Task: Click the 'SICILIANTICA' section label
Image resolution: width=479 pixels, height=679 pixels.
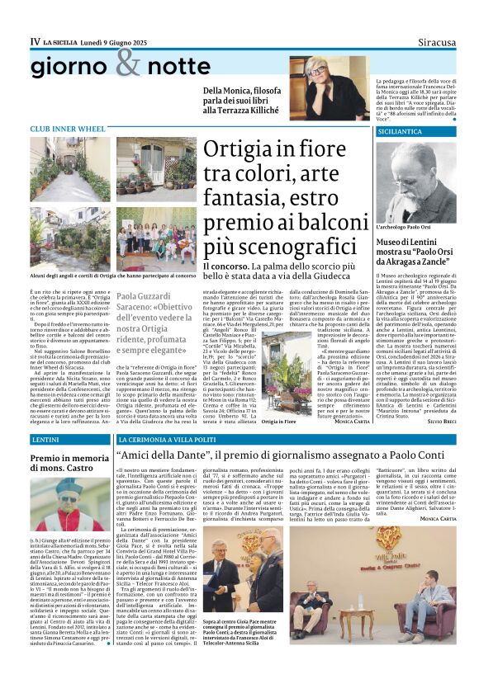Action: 400,131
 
